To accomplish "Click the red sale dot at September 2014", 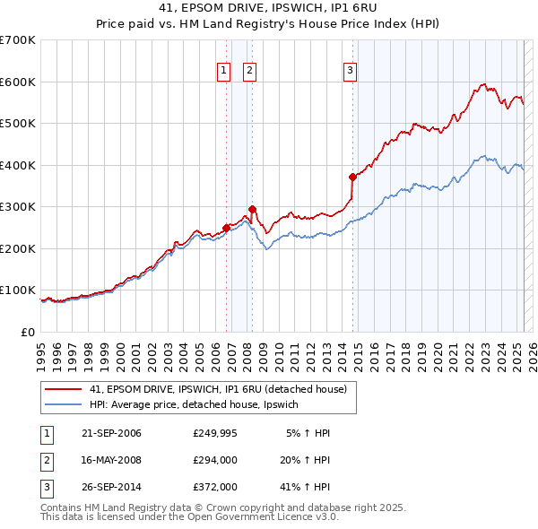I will coord(352,177).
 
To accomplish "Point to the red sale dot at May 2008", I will coord(252,209).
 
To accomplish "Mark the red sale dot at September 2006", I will coord(226,228).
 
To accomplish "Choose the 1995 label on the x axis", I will coord(41,354).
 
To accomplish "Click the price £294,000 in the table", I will coord(215,460).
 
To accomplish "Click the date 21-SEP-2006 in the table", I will coord(110,433).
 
